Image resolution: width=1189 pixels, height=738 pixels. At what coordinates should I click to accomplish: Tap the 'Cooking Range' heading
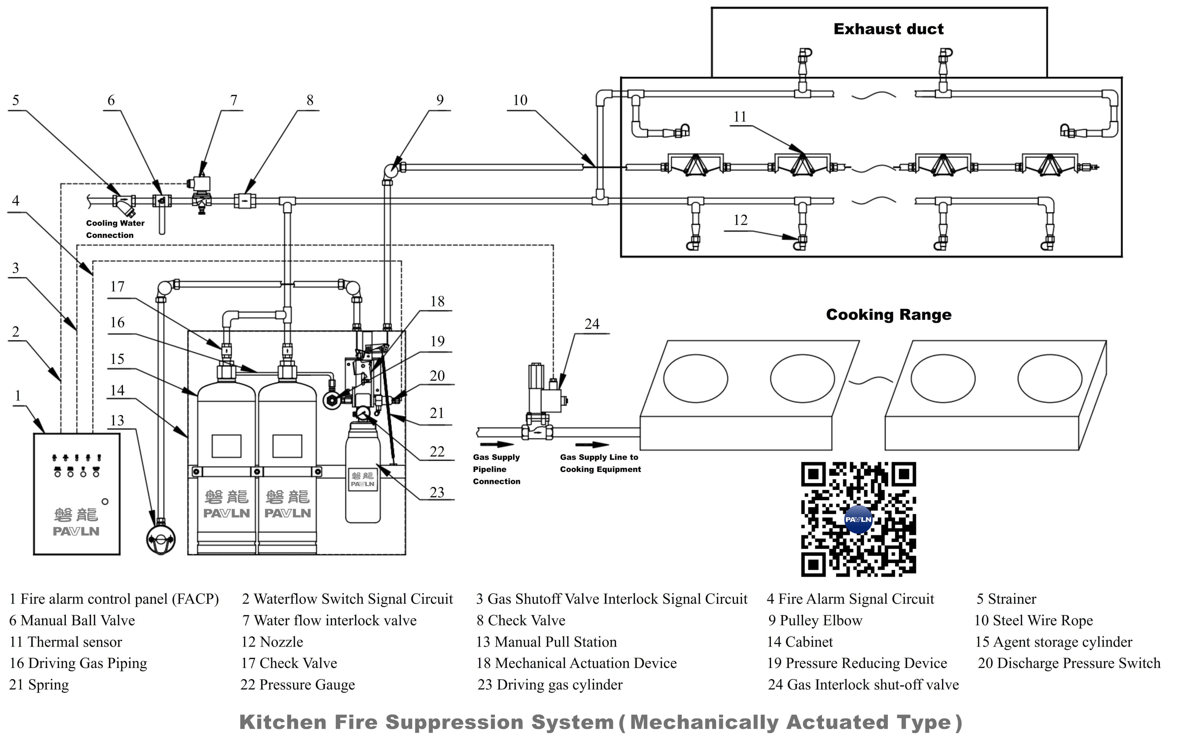888,314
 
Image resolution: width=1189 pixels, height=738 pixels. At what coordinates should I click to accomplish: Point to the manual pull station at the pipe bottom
161,539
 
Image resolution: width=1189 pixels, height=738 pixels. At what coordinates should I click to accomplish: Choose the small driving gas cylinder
363,473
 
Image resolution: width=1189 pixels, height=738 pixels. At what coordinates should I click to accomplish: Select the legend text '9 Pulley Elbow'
815,620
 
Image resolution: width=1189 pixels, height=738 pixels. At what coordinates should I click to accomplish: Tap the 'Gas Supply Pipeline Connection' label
496,469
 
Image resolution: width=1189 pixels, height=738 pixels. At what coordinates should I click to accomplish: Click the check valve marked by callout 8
244,201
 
